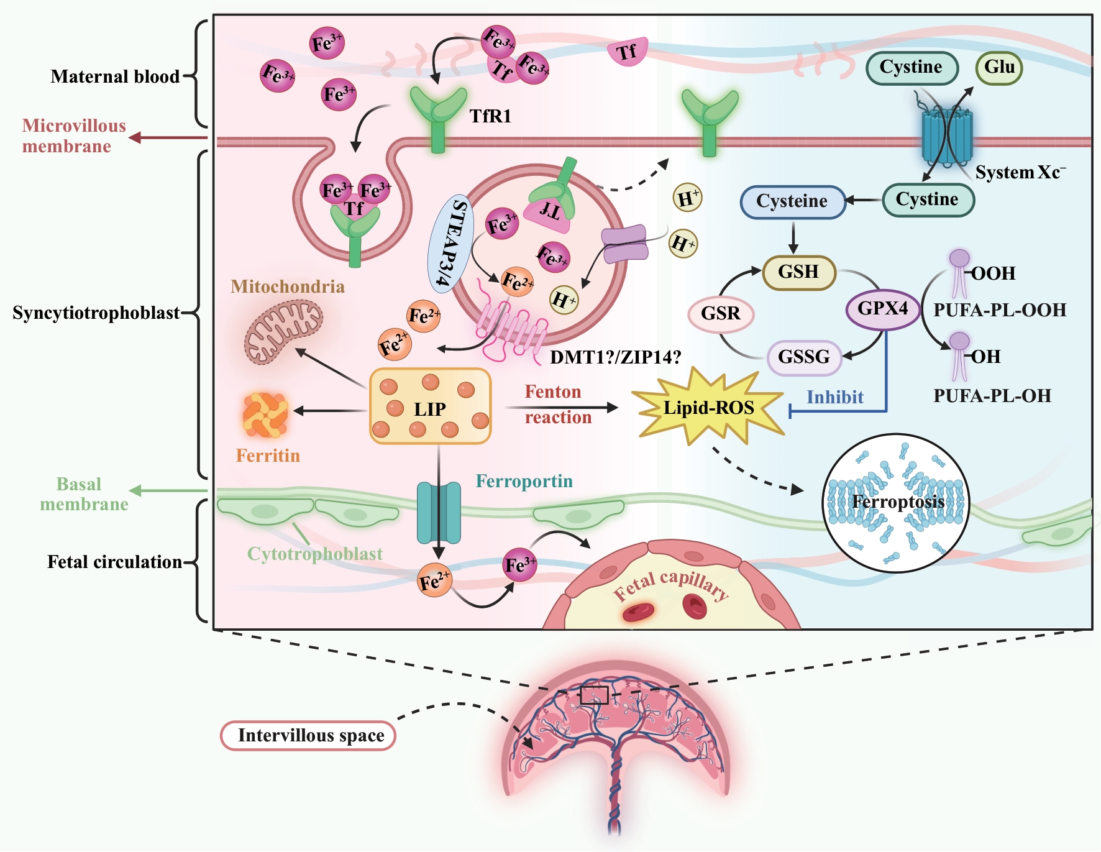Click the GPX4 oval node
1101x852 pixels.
pos(883,309)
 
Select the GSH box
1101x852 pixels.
pos(799,272)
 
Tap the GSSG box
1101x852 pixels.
pos(804,357)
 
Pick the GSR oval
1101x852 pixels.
pos(721,313)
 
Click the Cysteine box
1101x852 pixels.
pos(792,201)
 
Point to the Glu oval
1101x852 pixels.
pos(999,67)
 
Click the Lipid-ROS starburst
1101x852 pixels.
pos(708,408)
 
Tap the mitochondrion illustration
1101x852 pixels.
pos(283,331)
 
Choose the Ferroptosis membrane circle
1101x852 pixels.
pos(895,502)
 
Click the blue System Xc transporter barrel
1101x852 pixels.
pos(946,136)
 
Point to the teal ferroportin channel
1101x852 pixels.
pos(439,512)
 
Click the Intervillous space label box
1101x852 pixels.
pos(308,736)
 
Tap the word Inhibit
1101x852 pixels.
pos(834,397)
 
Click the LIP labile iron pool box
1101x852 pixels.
pos(430,406)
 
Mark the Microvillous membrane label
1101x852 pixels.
pos(73,136)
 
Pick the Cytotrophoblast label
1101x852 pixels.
pos(314,554)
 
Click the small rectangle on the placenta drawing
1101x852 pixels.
pos(594,695)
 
